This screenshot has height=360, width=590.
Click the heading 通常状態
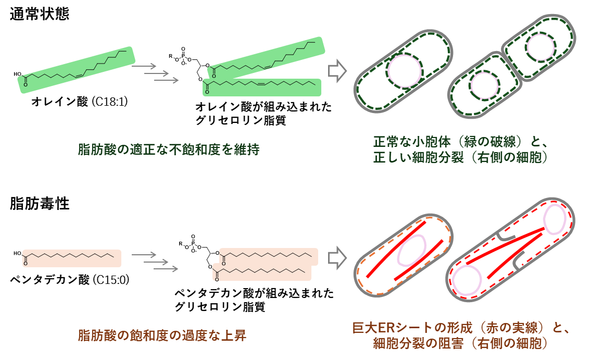40,14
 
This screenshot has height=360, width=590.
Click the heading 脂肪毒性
40,203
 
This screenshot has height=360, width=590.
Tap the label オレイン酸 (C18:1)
79,102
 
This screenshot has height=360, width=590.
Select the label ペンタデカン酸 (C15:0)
70,280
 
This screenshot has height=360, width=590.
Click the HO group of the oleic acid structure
17,74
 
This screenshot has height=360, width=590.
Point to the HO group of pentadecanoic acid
17,253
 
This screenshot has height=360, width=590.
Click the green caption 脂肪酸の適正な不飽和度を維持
169,150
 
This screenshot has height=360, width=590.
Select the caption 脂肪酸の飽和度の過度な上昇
162,335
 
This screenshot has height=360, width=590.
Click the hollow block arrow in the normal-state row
337,71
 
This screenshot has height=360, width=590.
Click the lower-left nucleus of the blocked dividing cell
467,280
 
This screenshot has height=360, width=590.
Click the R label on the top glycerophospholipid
170,56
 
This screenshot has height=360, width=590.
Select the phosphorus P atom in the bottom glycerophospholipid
193,243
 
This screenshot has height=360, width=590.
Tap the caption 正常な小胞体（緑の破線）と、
460,142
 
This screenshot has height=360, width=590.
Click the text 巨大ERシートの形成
412,328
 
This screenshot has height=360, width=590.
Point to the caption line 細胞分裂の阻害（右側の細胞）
460,343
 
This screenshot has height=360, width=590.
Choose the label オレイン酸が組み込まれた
263,107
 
